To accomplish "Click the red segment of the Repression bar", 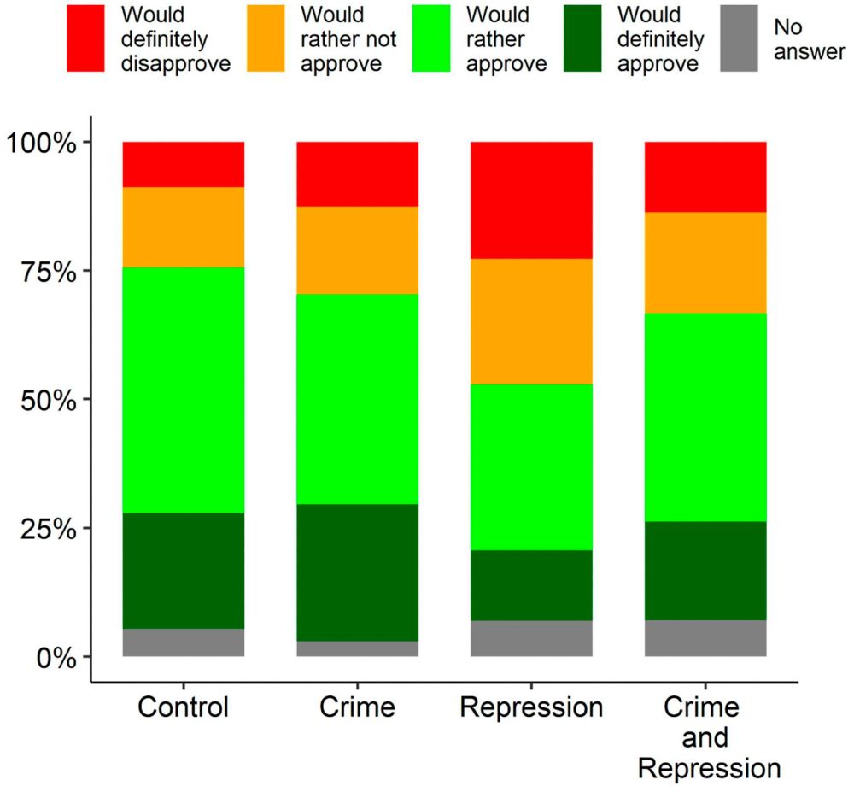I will [x=531, y=200].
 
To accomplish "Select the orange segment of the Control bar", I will [x=184, y=227].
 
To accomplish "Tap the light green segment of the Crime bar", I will [x=357, y=399].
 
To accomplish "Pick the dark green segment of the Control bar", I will [x=184, y=571].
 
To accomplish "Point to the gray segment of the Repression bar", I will [x=531, y=638].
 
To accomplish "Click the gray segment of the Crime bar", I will [x=357, y=648].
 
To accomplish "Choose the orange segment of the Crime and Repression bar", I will [x=705, y=262].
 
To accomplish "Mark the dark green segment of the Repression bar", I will [x=531, y=585].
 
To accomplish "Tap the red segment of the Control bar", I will [x=184, y=164].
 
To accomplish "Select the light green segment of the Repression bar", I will [x=531, y=467].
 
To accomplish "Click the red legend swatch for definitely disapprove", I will [x=86, y=38].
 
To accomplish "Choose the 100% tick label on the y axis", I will [x=43, y=142].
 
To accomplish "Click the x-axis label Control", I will [x=184, y=708].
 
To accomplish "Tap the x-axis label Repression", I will [x=531, y=708].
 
